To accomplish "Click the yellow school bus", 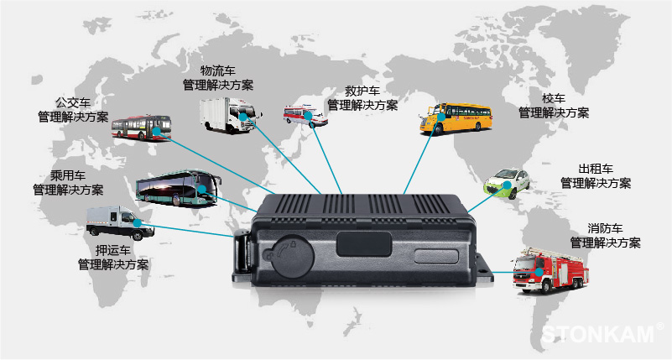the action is coord(456,118).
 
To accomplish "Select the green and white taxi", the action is coord(507,184).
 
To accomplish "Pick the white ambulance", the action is coord(305,116).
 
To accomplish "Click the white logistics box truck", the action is coord(230,114).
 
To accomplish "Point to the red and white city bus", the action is coord(142,128).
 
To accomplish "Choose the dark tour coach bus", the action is coord(179,188).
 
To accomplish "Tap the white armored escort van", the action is coord(120,223).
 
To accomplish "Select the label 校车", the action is coord(554,98).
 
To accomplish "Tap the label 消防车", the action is coord(605,228).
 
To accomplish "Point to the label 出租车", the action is coord(596,169).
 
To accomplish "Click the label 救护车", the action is coord(362,91).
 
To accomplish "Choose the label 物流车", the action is coord(218,70).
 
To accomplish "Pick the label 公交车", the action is coord(73,103).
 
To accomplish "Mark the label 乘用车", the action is coord(68,175).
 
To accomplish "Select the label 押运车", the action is coord(112,250).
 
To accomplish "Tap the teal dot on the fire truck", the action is coord(539,271).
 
